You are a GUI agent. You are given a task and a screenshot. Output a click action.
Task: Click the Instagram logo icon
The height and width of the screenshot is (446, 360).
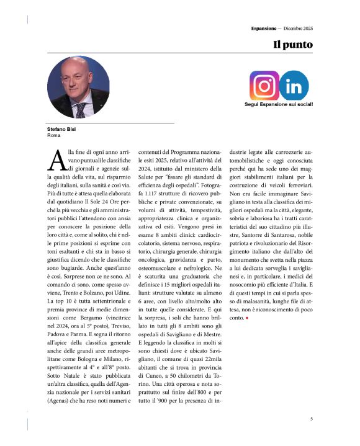tap(264, 86)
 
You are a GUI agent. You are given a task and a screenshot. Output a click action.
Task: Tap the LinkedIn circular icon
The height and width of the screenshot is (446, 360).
tap(294, 86)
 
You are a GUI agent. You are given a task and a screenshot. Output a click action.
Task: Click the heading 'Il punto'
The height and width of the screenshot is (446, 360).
tap(293, 45)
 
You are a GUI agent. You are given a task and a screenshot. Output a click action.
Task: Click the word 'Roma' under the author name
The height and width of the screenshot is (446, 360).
tap(53, 135)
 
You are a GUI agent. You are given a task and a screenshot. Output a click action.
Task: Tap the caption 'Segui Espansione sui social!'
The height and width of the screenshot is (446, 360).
tap(279, 104)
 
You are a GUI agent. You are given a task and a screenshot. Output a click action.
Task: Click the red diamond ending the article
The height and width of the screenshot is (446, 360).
tap(247, 317)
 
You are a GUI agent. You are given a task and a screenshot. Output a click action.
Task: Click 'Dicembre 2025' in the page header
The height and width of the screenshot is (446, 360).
tap(297, 29)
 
